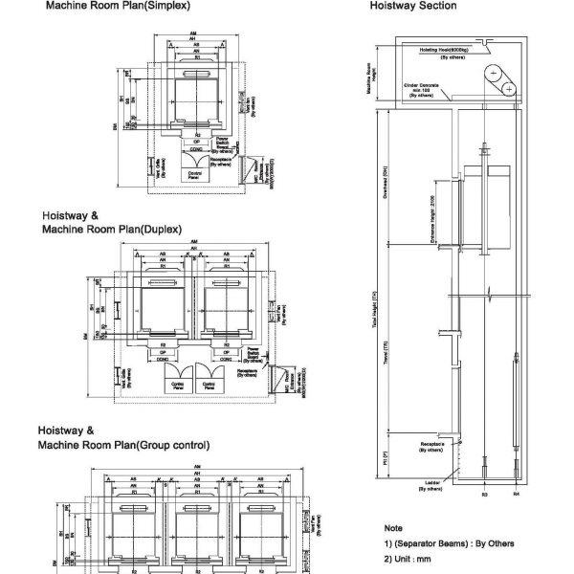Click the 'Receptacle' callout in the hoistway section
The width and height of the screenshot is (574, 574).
[x=435, y=449]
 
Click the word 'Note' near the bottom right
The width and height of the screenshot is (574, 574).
[x=392, y=528]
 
